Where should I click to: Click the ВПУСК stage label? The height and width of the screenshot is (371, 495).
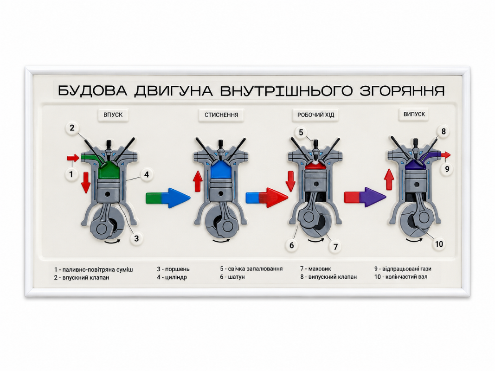(x=113, y=115)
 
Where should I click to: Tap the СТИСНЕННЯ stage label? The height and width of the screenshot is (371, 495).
(x=221, y=115)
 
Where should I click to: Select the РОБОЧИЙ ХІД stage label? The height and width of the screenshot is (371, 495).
(x=315, y=115)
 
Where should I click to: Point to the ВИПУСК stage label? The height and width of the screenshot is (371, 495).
(x=414, y=114)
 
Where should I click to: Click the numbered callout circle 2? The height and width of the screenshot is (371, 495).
(x=72, y=128)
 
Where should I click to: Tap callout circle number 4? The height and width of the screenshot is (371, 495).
(x=147, y=174)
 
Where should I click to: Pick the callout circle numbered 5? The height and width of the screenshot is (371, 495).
(x=301, y=133)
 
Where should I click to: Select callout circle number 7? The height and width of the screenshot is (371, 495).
(x=335, y=246)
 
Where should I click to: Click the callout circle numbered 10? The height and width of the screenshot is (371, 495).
(x=439, y=244)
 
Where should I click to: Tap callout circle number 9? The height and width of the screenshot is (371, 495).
(x=447, y=169)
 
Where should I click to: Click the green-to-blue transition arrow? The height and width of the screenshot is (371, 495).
(x=168, y=198)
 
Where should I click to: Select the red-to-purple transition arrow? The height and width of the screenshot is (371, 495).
(x=365, y=197)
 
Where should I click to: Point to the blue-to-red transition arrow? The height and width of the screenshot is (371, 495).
(x=267, y=198)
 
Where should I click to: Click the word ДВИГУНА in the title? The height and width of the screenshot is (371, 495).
(x=174, y=91)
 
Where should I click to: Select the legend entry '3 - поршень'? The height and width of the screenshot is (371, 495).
(x=174, y=269)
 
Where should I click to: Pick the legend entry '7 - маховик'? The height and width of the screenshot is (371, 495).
(x=315, y=269)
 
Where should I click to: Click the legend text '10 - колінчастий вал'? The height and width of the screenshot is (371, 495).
(x=401, y=277)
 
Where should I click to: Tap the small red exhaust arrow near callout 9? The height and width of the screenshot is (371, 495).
(x=446, y=155)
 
